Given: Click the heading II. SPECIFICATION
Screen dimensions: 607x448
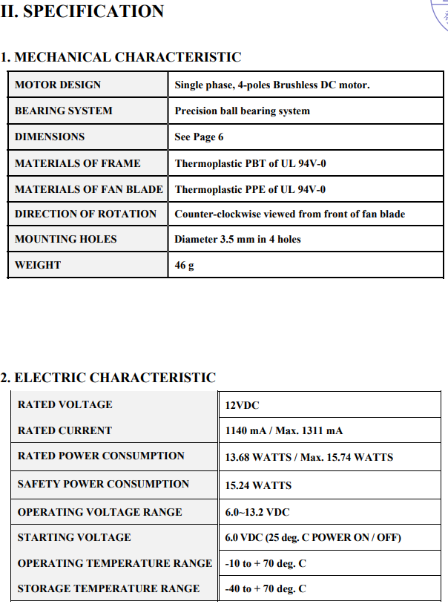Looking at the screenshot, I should [82, 11].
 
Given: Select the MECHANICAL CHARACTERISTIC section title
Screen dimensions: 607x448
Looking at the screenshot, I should [121, 57].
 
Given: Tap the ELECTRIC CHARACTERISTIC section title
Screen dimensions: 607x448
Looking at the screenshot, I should [108, 378].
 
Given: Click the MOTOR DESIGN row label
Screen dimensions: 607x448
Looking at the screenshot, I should [58, 85].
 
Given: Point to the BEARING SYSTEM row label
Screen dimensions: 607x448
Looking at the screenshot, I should [64, 111].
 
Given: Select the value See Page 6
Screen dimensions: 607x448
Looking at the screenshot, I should [199, 137].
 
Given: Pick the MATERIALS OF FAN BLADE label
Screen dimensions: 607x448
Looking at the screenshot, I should [89, 189].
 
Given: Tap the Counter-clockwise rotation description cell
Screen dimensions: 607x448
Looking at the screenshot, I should [289, 214].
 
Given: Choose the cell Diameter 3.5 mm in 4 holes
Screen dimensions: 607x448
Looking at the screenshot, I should [237, 240].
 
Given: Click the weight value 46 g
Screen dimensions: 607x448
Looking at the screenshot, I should [184, 266].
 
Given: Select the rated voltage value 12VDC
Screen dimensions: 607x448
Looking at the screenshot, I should [242, 405].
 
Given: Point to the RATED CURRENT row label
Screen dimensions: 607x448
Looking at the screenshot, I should [65, 430].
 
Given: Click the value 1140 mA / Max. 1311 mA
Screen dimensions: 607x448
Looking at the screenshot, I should [283, 431].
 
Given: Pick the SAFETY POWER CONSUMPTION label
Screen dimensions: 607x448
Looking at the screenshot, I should [103, 484].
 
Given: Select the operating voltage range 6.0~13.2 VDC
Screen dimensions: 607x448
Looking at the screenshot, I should [257, 513].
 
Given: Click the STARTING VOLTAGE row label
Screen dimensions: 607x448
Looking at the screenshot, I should [74, 537].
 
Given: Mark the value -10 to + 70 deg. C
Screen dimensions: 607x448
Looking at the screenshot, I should [266, 564].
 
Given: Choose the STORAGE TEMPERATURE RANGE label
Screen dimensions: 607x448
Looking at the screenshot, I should [108, 588].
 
